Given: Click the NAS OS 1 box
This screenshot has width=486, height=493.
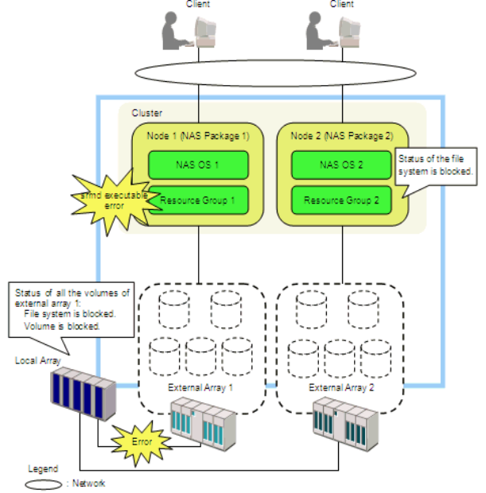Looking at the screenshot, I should click(198, 165).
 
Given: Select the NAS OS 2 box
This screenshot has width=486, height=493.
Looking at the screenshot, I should click(341, 165).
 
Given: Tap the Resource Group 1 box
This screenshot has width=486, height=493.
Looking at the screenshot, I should click(198, 200).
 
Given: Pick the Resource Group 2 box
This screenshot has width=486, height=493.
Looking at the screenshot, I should click(341, 200).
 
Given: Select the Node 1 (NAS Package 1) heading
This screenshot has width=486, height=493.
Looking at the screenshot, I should click(198, 136).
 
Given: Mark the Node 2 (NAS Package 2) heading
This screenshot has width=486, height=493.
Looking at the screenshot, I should click(341, 136).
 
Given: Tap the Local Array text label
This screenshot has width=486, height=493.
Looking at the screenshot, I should click(37, 360).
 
